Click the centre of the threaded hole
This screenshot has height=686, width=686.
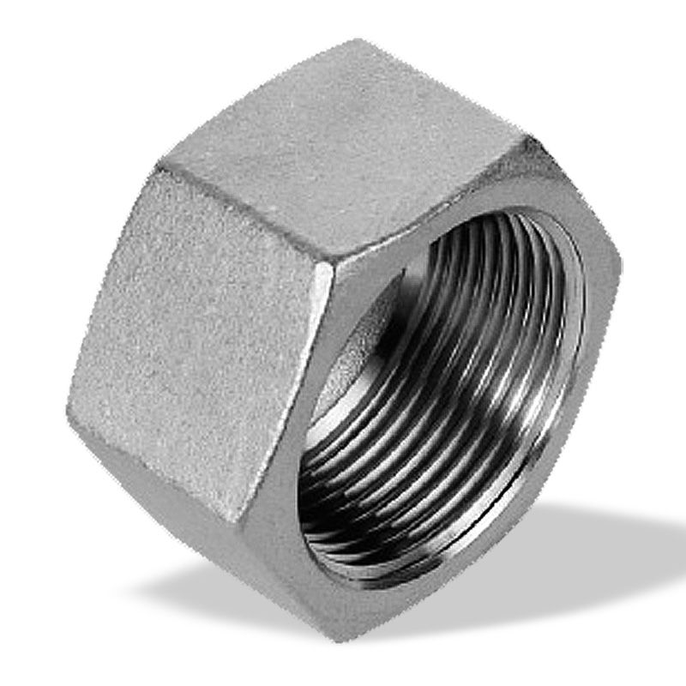(446, 403)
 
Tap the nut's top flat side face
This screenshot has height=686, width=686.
(343, 154)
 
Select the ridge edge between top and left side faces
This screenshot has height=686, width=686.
(249, 214)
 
